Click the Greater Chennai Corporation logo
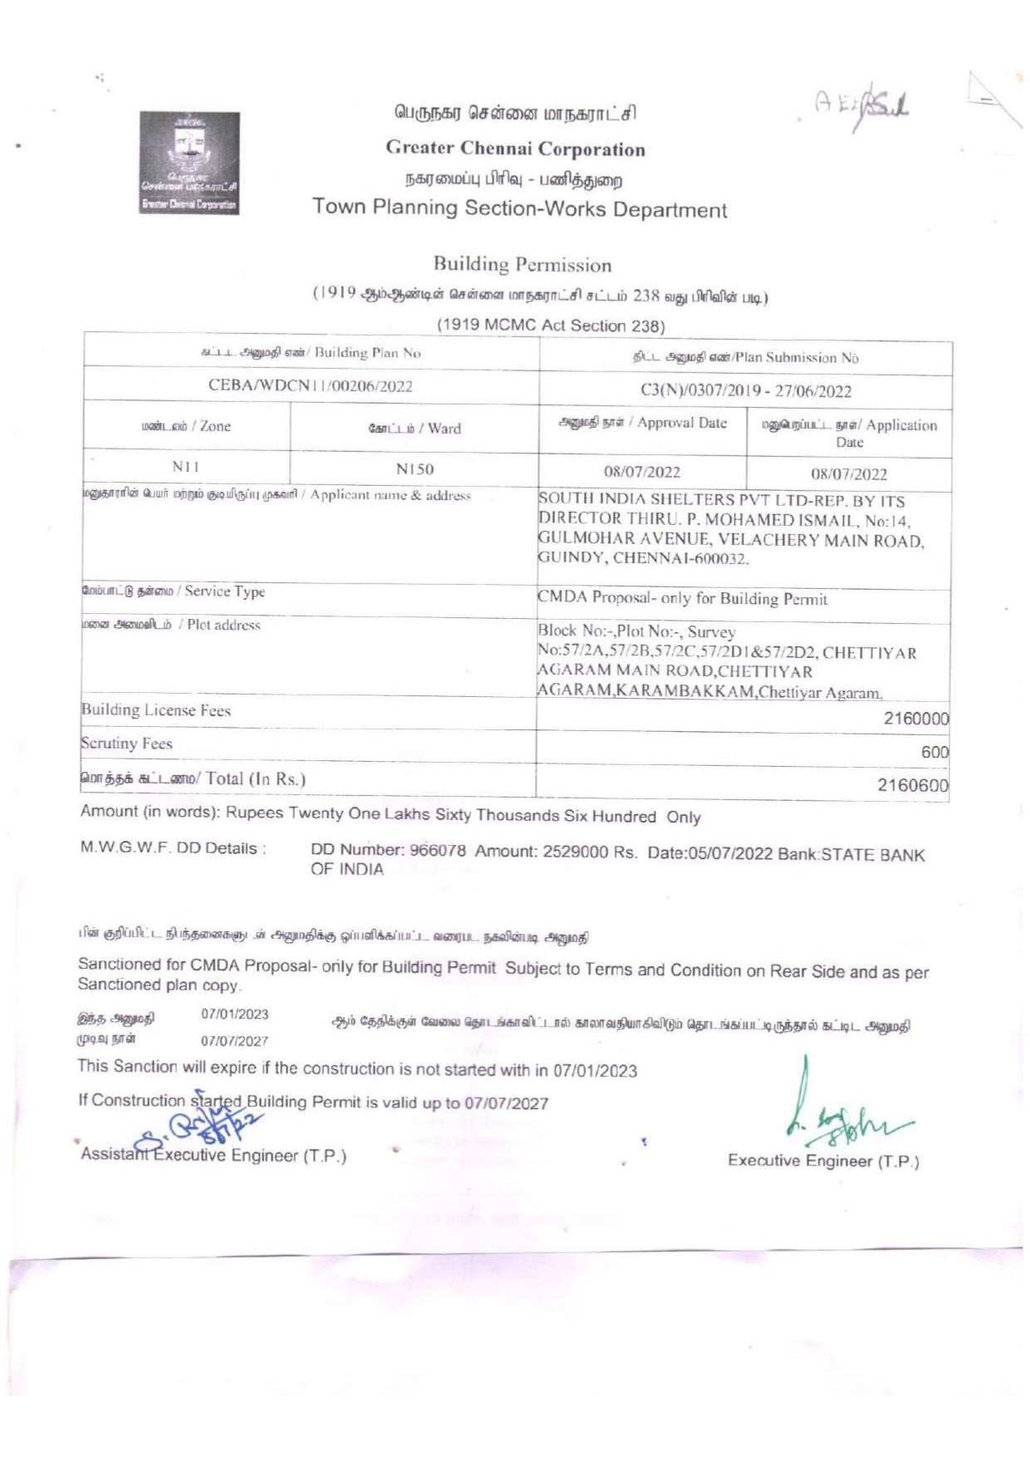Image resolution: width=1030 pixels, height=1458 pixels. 189,163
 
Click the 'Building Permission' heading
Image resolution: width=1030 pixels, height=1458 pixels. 522,265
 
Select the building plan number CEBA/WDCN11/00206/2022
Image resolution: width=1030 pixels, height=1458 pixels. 310,385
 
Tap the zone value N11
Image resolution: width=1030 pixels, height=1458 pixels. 185,467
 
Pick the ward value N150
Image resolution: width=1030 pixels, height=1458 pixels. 414,469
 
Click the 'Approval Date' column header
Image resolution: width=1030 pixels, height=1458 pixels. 643,423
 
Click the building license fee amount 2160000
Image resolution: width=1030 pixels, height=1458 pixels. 915,719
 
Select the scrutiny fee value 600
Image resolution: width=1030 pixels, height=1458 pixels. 934,752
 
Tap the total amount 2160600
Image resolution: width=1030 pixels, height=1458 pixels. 913,785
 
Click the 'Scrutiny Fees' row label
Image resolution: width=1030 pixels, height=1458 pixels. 126,744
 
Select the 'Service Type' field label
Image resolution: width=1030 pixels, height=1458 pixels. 174,592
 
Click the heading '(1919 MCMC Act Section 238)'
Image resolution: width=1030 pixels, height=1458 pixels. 551,326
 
